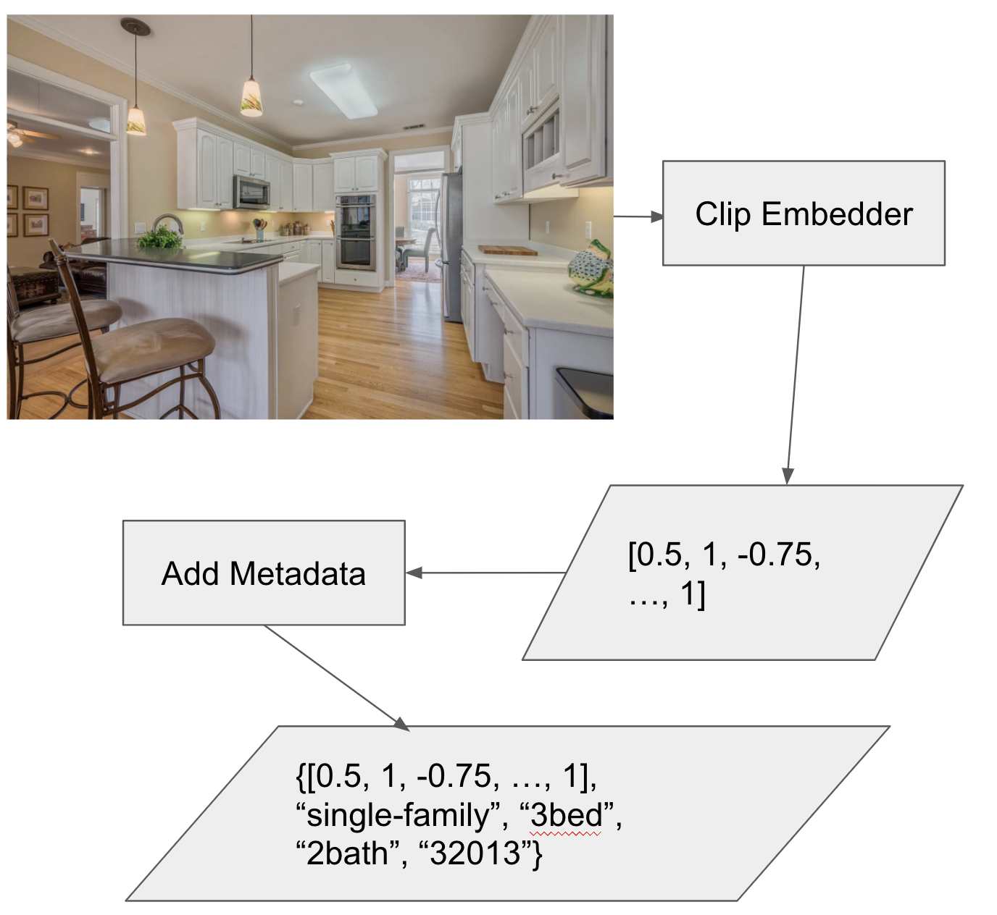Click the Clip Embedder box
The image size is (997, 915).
pyautogui.click(x=804, y=213)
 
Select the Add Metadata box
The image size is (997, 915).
pyautogui.click(x=264, y=573)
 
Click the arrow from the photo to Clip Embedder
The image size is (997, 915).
pyautogui.click(x=638, y=216)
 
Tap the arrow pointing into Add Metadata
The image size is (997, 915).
pyautogui.click(x=485, y=573)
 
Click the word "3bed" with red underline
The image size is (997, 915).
pyautogui.click(x=567, y=816)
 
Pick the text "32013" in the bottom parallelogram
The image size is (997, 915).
pyautogui.click(x=475, y=854)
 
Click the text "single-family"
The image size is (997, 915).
pyautogui.click(x=399, y=816)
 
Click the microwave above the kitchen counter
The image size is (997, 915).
pyautogui.click(x=251, y=192)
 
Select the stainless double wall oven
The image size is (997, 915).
pyautogui.click(x=356, y=231)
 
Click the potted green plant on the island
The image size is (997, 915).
pyautogui.click(x=159, y=238)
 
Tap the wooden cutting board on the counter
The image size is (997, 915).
pyautogui.click(x=508, y=250)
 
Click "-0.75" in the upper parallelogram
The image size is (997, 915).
pyautogui.click(x=779, y=555)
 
